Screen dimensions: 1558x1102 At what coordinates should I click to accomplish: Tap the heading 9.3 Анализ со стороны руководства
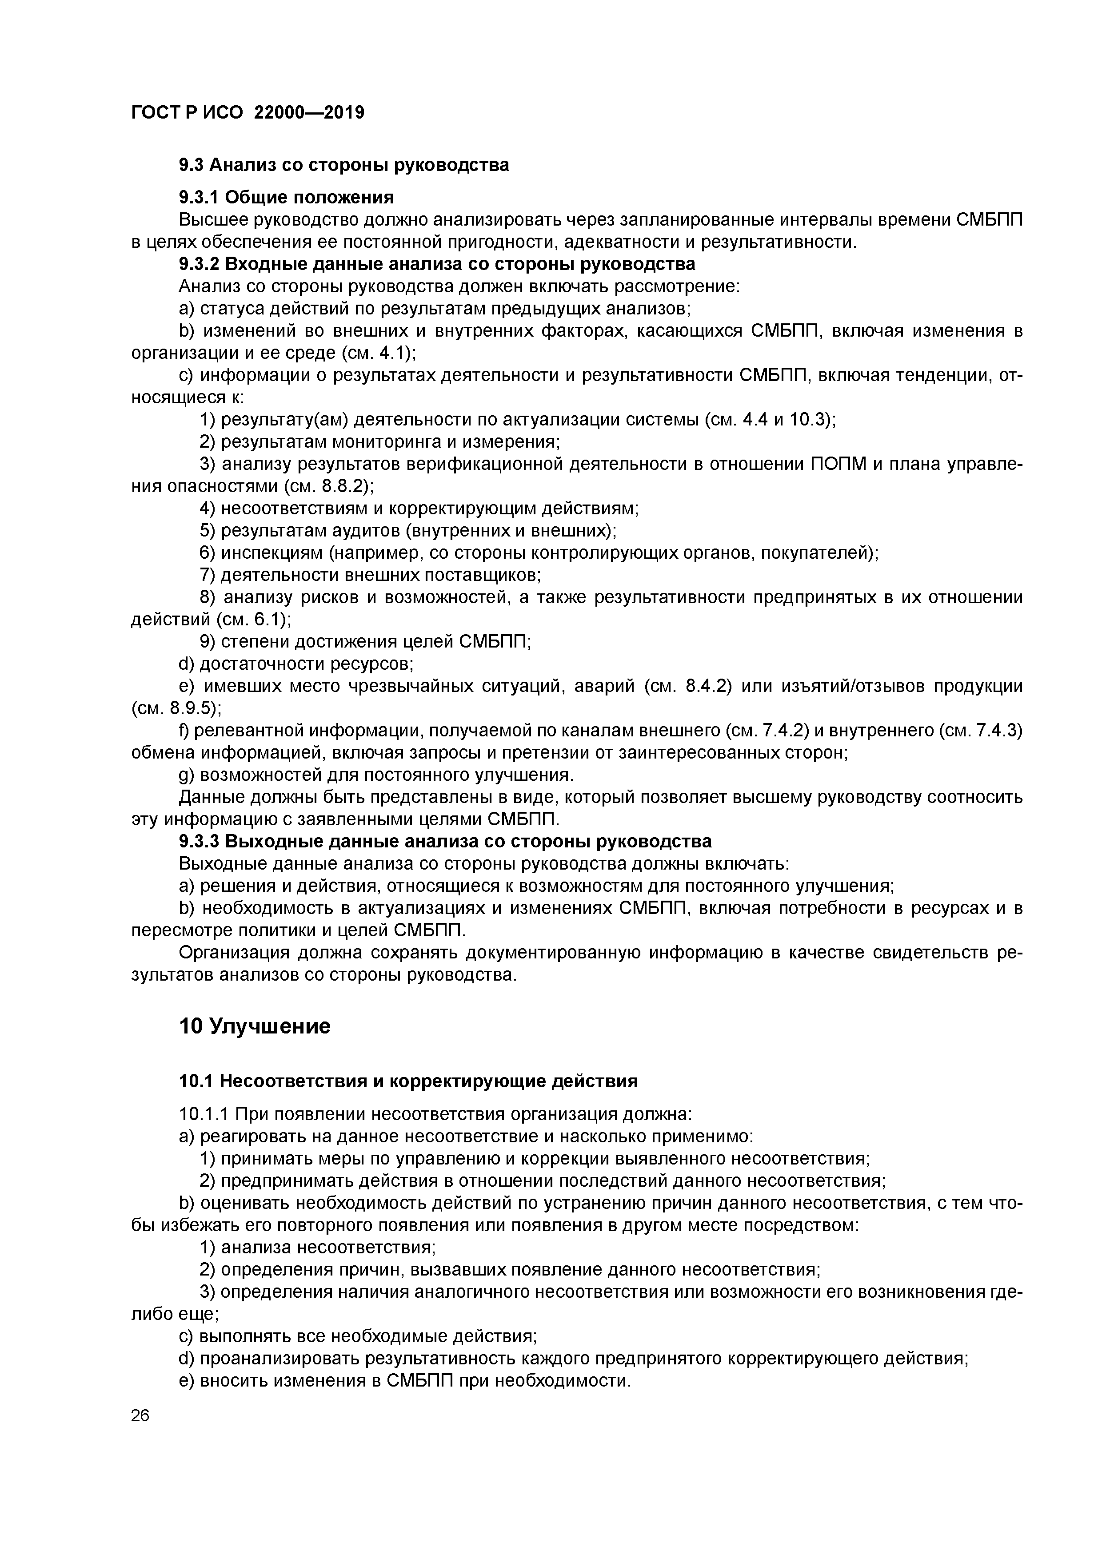[343, 165]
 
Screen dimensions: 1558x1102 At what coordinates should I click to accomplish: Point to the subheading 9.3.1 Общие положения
[286, 198]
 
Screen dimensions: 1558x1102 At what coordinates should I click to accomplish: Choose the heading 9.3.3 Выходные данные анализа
[445, 842]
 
